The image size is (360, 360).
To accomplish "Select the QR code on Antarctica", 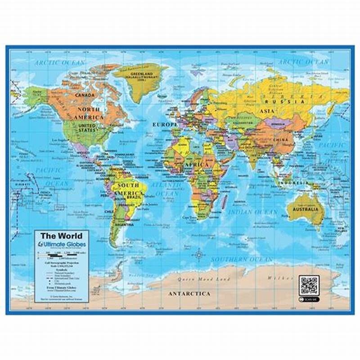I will click(x=310, y=285).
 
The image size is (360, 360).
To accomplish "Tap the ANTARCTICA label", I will click(x=189, y=293).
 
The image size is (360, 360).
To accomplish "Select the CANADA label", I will click(x=85, y=95).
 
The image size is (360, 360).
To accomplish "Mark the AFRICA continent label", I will click(x=194, y=165).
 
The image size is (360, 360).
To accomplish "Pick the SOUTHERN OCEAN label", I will click(x=242, y=260).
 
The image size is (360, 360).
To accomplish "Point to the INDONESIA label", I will click(x=293, y=183).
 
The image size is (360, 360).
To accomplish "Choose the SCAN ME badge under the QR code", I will click(x=310, y=298).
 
